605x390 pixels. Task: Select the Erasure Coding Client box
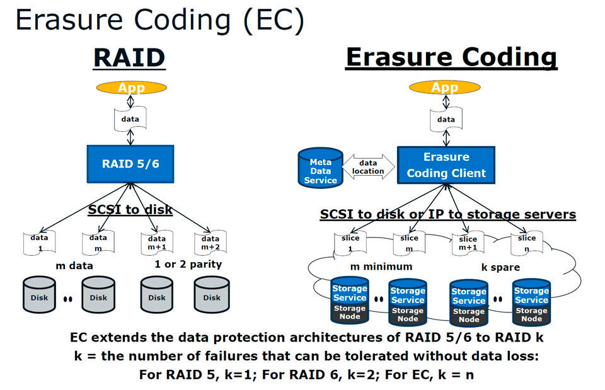pyautogui.click(x=446, y=165)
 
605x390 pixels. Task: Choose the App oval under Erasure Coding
pyautogui.click(x=445, y=88)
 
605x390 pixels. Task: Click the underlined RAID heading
pyautogui.click(x=129, y=57)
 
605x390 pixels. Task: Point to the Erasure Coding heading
pyautogui.click(x=451, y=57)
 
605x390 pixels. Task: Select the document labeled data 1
pyautogui.click(x=38, y=242)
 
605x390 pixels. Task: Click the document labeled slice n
pyautogui.click(x=526, y=242)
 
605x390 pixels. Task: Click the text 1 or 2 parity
pyautogui.click(x=188, y=264)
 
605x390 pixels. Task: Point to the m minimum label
pyautogui.click(x=381, y=267)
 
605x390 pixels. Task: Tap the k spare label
pyautogui.click(x=500, y=267)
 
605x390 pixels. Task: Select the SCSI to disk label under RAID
pyautogui.click(x=130, y=209)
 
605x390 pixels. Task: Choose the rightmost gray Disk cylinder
pyautogui.click(x=211, y=295)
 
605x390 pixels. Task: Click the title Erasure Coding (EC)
pyautogui.click(x=160, y=20)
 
